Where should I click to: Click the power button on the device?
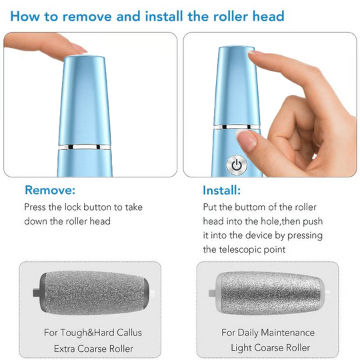(x=235, y=165)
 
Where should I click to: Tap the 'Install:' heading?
(x=221, y=190)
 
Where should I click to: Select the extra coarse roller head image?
(x=91, y=291)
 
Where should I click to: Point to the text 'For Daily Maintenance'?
(x=269, y=332)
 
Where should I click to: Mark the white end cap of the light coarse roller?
(x=326, y=291)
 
